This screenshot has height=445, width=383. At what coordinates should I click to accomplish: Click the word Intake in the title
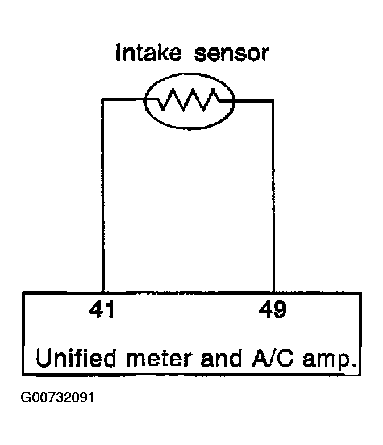[148, 52]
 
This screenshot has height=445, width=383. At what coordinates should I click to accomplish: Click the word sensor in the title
[231, 53]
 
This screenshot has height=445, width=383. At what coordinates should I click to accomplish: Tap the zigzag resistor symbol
[189, 99]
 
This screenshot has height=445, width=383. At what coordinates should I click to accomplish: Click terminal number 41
[102, 309]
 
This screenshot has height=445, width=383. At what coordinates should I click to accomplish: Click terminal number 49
[273, 309]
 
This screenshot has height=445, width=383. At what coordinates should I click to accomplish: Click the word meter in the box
[160, 358]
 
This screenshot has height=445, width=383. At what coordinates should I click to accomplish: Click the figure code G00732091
[57, 397]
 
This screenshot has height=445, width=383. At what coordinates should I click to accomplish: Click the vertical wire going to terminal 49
[273, 196]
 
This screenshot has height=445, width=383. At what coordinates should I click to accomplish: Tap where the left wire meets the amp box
[103, 292]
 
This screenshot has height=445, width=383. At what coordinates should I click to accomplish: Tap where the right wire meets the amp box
[273, 292]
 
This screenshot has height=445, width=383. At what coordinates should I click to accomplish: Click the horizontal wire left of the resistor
[130, 99]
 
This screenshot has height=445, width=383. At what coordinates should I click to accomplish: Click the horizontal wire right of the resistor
[247, 100]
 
